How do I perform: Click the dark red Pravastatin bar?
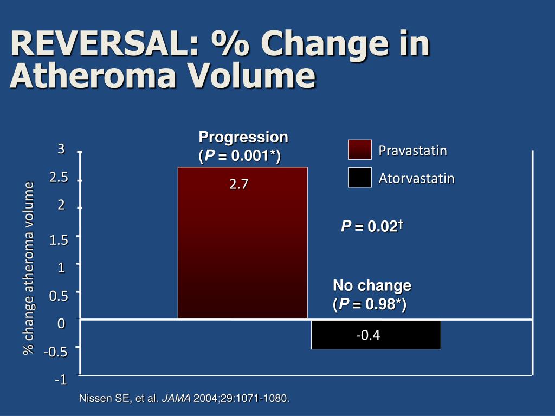(242, 249)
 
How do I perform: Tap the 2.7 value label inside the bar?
(238, 185)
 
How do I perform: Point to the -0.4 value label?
(368, 335)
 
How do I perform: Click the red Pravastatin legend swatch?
(360, 149)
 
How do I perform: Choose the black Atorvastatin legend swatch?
(360, 177)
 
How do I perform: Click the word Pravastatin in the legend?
(412, 150)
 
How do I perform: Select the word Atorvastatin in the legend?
(416, 178)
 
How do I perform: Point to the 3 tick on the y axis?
(61, 149)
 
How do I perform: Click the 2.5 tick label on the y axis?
(59, 177)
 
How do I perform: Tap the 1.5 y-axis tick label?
(59, 240)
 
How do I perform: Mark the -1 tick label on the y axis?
(60, 380)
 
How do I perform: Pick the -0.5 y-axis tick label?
(56, 352)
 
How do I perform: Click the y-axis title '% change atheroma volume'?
(28, 268)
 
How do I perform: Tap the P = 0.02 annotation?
(371, 226)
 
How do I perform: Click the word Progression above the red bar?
(243, 136)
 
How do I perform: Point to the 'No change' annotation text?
(372, 285)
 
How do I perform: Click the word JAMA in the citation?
(177, 399)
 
